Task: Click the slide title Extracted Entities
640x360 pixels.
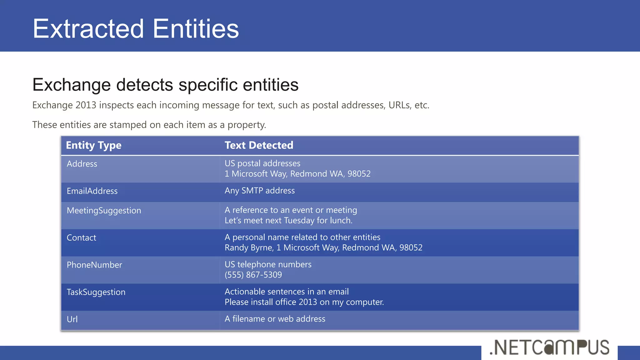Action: pyautogui.click(x=136, y=29)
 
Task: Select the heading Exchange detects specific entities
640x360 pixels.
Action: pyautogui.click(x=165, y=85)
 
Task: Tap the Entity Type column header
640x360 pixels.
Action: pyautogui.click(x=93, y=145)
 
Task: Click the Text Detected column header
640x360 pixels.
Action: pyautogui.click(x=259, y=145)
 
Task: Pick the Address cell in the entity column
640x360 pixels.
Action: pyautogui.click(x=82, y=164)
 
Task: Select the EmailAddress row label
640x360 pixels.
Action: pyautogui.click(x=92, y=191)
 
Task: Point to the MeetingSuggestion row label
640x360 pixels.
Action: pyautogui.click(x=104, y=211)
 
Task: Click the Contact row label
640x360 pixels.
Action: pyautogui.click(x=81, y=238)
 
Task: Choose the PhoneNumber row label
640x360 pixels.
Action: pyautogui.click(x=94, y=265)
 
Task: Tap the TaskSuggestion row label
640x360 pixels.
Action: pyautogui.click(x=96, y=292)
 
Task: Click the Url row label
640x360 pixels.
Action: pyautogui.click(x=72, y=319)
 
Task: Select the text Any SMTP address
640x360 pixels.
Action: pyautogui.click(x=259, y=191)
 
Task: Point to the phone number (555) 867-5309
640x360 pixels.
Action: pyautogui.click(x=253, y=275)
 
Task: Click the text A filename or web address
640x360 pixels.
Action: pyautogui.click(x=275, y=319)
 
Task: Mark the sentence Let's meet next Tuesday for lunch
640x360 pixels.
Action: pyautogui.click(x=288, y=221)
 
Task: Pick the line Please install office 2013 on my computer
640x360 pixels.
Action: pyautogui.click(x=304, y=302)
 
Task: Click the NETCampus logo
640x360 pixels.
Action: pyautogui.click(x=549, y=347)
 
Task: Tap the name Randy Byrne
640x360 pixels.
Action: pyautogui.click(x=249, y=248)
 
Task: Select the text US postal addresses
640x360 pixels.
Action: pyautogui.click(x=262, y=163)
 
